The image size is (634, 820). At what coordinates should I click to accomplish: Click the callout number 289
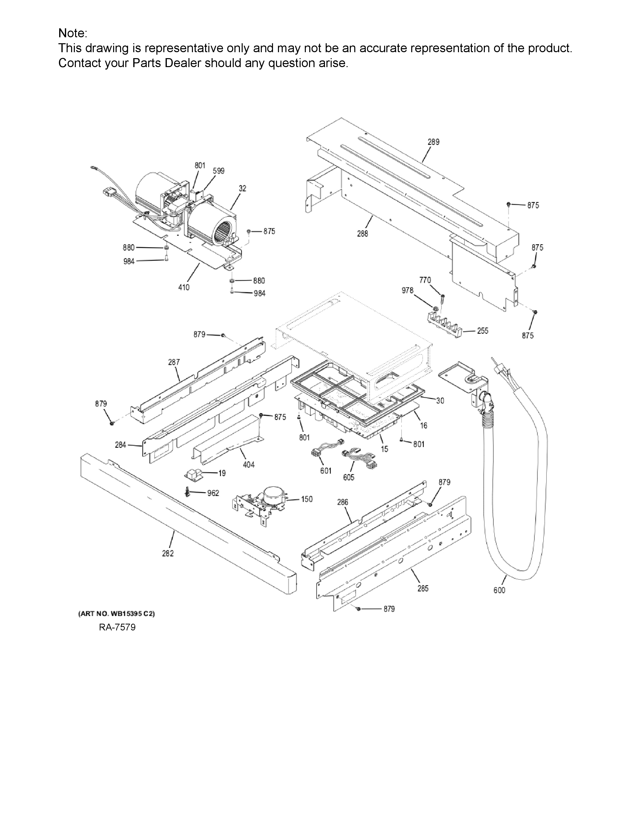[x=433, y=142]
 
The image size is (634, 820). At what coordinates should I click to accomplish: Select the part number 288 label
[x=362, y=234]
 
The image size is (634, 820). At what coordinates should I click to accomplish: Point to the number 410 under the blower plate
[x=184, y=287]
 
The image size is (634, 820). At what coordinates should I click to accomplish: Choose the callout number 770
[x=425, y=280]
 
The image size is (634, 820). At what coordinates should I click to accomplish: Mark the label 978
[x=408, y=290]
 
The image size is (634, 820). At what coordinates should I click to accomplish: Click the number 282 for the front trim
[x=168, y=553]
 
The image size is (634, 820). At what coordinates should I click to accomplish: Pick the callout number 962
[x=213, y=493]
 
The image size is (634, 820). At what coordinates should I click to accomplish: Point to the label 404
[x=249, y=465]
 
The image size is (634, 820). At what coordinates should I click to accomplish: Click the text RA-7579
[x=117, y=627]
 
